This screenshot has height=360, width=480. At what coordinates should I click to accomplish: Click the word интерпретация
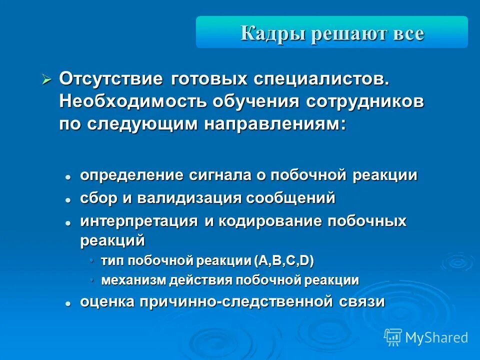coord(139,221)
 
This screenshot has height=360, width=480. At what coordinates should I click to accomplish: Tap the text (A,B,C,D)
coord(283,260)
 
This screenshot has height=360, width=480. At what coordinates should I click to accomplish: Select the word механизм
coord(132,280)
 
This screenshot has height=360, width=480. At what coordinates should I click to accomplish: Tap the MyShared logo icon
coord(393,337)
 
